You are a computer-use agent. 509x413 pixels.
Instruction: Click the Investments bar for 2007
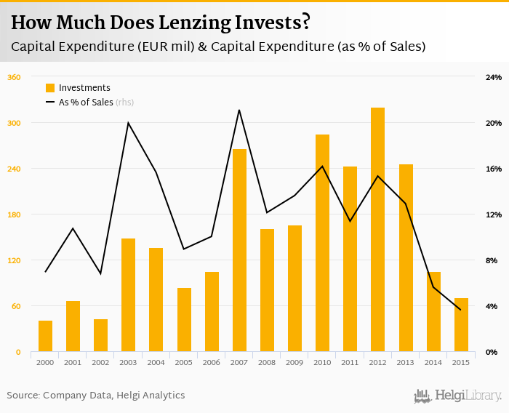pyautogui.click(x=239, y=250)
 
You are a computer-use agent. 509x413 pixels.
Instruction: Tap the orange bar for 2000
pyautogui.click(x=45, y=336)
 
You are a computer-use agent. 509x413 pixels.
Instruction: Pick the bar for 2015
pyautogui.click(x=461, y=325)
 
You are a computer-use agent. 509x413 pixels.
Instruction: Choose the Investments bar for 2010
pyautogui.click(x=322, y=243)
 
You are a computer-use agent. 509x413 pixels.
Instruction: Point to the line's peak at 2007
pyautogui.click(x=239, y=110)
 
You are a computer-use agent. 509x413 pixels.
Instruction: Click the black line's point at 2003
pyautogui.click(x=128, y=123)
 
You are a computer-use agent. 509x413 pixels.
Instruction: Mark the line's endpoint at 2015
pyautogui.click(x=461, y=310)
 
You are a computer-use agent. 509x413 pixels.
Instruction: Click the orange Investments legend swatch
pyautogui.click(x=50, y=88)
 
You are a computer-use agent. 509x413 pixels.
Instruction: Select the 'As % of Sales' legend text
pyautogui.click(x=86, y=103)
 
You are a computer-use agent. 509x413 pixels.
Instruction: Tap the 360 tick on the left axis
pyautogui.click(x=13, y=77)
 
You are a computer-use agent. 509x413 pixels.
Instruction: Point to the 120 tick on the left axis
pyautogui.click(x=13, y=260)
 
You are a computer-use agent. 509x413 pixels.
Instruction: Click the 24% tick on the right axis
pyautogui.click(x=494, y=77)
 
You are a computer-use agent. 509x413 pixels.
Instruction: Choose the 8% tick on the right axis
pyautogui.click(x=492, y=260)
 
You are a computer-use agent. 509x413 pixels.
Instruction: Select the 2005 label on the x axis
pyautogui.click(x=184, y=362)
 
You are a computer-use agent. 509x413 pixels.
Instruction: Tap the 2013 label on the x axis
pyautogui.click(x=406, y=362)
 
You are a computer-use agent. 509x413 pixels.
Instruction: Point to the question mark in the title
pyautogui.click(x=306, y=23)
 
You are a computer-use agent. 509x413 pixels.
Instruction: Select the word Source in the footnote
pyautogui.click(x=23, y=395)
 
